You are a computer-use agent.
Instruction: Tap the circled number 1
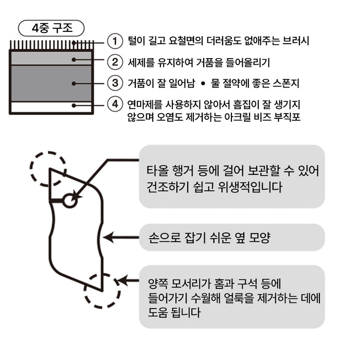[115, 40]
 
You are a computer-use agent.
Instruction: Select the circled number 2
[115, 62]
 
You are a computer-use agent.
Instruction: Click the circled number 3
[115, 82]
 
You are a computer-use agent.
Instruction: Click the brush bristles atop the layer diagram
[51, 45]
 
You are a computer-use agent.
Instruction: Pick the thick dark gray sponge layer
[51, 83]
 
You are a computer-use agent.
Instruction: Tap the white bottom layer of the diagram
[51, 107]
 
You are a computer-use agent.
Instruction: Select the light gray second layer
[51, 58]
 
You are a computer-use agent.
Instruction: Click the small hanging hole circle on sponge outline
[70, 201]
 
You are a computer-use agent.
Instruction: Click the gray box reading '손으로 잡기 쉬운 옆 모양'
[232, 238]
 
